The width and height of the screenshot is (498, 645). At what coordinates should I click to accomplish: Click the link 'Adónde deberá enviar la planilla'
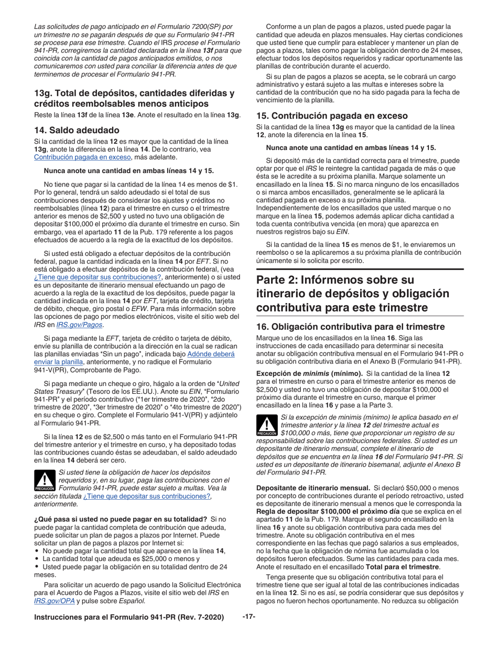pos(211,354)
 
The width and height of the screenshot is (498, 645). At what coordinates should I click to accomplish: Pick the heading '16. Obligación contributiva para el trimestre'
pos(358,326)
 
